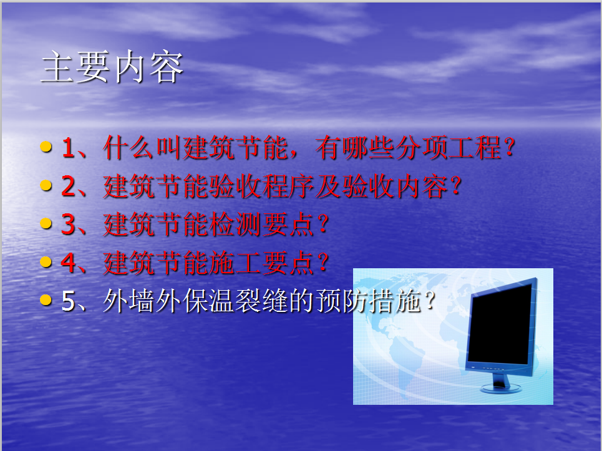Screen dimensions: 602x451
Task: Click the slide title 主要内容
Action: (112, 67)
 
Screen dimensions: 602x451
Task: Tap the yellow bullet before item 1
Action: (46, 147)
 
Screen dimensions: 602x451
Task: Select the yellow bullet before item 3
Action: (46, 223)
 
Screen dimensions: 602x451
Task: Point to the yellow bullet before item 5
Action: (46, 300)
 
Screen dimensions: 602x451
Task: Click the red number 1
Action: (68, 148)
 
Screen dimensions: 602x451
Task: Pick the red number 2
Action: (69, 186)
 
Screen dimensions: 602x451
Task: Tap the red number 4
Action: (69, 263)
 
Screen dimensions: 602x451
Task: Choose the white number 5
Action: (69, 301)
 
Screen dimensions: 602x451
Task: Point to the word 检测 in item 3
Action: (235, 225)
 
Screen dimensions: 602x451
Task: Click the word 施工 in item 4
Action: (235, 263)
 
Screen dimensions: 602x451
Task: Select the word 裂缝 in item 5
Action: (262, 301)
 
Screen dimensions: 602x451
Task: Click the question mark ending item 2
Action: (457, 186)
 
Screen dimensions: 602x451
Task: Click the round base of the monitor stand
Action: (501, 388)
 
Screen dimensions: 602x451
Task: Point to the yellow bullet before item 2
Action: (46, 185)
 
